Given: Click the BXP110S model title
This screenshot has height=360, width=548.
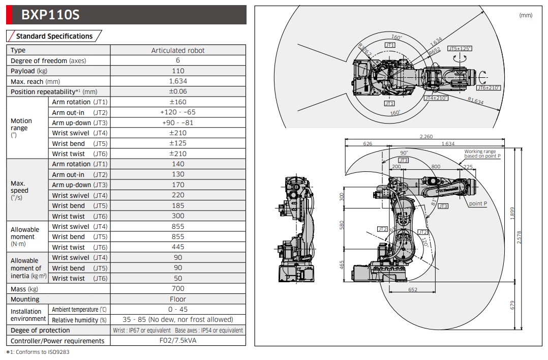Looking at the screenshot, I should tap(50, 15).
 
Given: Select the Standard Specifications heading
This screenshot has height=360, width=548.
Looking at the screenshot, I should tap(54, 36).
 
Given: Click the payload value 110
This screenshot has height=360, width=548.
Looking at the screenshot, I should tap(178, 71).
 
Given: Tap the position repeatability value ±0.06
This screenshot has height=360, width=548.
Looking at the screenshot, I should tap(178, 92).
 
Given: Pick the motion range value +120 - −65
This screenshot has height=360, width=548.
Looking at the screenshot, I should tap(178, 112).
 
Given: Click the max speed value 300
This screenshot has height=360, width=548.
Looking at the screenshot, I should tap(178, 216).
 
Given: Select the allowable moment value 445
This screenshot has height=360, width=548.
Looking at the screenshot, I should tap(178, 247).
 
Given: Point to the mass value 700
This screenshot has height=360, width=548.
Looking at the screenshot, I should tap(178, 289).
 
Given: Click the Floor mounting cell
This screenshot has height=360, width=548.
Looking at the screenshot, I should tap(178, 299).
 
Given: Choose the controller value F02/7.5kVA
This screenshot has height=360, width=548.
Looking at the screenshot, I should tap(178, 341).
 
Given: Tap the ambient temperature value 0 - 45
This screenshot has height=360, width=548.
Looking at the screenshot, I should tap(178, 310).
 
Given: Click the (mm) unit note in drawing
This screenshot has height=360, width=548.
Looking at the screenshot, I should tap(526, 15).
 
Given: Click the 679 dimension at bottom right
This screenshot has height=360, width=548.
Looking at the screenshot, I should tap(512, 305).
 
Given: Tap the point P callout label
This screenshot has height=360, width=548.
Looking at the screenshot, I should tap(478, 203).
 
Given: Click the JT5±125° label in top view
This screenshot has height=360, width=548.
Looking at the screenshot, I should tap(460, 48).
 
